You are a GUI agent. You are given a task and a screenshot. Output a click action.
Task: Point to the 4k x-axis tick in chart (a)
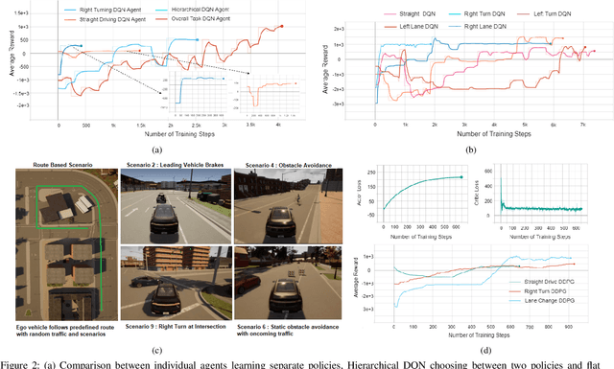pos(279,126)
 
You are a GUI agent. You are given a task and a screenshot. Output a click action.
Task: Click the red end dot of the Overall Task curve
pos(281,27)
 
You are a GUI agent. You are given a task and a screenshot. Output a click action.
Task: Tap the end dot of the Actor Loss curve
pos(460,176)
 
